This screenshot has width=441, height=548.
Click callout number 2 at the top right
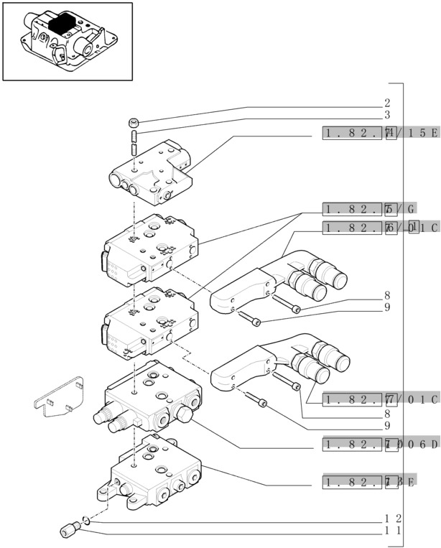point(387,103)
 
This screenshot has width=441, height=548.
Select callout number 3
point(387,115)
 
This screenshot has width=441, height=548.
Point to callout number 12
point(391,519)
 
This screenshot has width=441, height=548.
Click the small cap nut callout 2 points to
point(134,121)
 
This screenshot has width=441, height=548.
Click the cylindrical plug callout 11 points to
point(69,531)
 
